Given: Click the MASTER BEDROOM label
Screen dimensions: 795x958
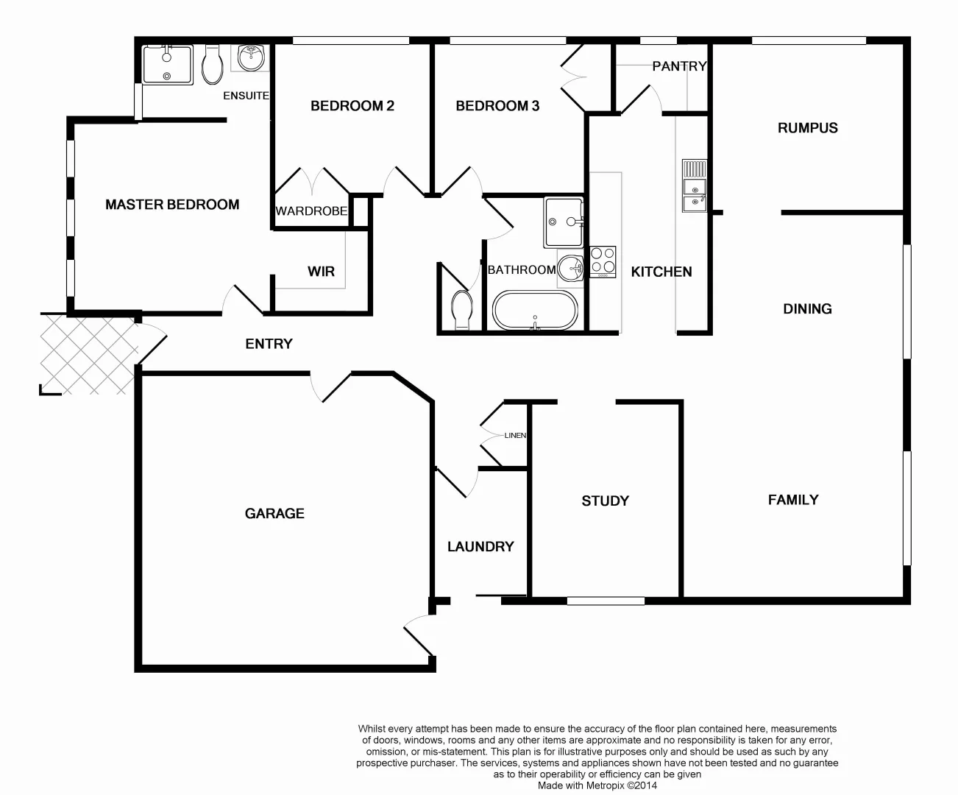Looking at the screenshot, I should click(x=172, y=205).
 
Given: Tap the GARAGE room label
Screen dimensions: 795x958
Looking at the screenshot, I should click(x=274, y=514).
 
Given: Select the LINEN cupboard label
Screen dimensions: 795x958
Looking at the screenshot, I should click(x=515, y=436).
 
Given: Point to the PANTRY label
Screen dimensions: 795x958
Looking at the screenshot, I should click(x=678, y=66).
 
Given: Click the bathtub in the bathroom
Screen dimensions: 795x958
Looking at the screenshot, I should click(x=535, y=311).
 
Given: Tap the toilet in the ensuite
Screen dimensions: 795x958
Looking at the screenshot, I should click(x=213, y=65).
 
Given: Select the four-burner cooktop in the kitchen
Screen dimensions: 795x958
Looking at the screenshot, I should click(x=603, y=261).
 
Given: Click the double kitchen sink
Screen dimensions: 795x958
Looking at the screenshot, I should click(x=694, y=186).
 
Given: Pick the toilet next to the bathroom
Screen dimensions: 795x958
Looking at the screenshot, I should click(x=462, y=310).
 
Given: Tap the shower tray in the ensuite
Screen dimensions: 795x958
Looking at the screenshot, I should click(x=167, y=64).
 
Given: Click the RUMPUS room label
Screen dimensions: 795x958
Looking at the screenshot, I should click(x=807, y=128).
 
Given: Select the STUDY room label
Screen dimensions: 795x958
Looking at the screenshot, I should click(x=605, y=501).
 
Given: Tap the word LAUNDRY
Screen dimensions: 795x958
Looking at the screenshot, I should click(x=480, y=547).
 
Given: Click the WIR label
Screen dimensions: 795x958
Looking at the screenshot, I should click(x=321, y=272).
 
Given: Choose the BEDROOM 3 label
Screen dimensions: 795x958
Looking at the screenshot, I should click(x=497, y=106).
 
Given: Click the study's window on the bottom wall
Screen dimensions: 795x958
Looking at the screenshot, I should click(x=606, y=601).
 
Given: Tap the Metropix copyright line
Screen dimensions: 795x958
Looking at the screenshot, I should click(x=597, y=785).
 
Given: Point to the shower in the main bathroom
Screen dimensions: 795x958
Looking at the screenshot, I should click(x=564, y=222).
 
